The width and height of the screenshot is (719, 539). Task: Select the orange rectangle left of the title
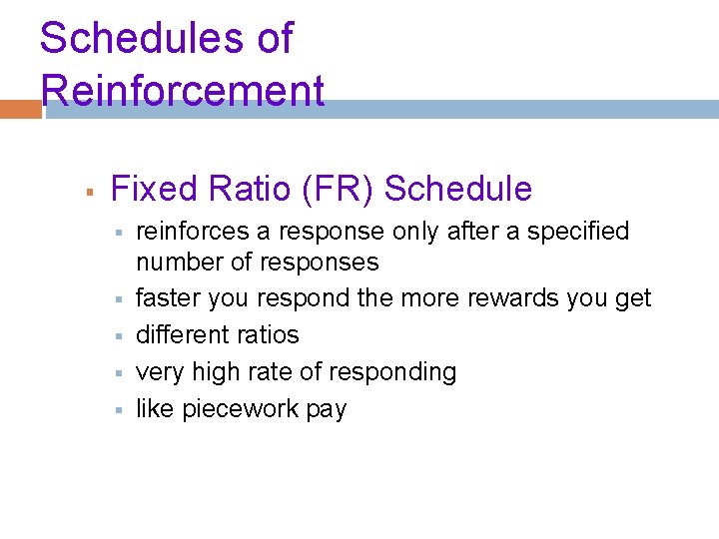pos(20,109)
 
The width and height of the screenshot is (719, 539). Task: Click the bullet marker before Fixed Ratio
pos(89,189)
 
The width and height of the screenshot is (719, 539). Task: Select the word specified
pos(579,232)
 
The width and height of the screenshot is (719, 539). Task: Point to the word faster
pos(166,298)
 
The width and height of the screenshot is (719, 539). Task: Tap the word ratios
pos(267,334)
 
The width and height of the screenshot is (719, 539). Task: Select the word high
pos(210,372)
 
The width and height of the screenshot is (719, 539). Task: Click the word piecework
pos(241,409)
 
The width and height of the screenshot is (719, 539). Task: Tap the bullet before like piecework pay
pos(117,409)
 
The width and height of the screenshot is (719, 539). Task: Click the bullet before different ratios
pos(117,334)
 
